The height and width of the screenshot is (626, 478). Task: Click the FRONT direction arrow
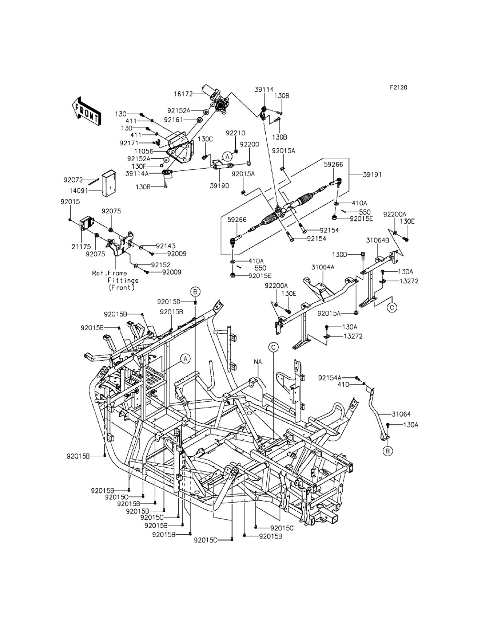pyautogui.click(x=86, y=111)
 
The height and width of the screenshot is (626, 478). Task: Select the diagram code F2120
pyautogui.click(x=399, y=88)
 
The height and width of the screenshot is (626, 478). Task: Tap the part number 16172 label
pyautogui.click(x=183, y=94)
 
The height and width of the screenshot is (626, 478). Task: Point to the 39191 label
pyautogui.click(x=372, y=175)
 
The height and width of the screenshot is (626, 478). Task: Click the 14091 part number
pyautogui.click(x=79, y=190)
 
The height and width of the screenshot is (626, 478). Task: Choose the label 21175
pyautogui.click(x=81, y=247)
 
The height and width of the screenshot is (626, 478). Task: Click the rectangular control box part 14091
pyautogui.click(x=109, y=183)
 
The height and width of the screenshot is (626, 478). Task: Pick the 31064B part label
pyautogui.click(x=378, y=241)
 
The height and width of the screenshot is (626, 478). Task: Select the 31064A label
pyautogui.click(x=323, y=267)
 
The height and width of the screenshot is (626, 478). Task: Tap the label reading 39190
pyautogui.click(x=219, y=186)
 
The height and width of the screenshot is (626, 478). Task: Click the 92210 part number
pyautogui.click(x=236, y=133)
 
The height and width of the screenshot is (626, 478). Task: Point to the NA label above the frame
pyautogui.click(x=258, y=362)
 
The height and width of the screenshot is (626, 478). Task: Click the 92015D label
pyautogui.click(x=169, y=301)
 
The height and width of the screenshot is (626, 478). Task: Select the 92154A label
pyautogui.click(x=330, y=378)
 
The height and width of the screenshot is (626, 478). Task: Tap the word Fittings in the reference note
pyautogui.click(x=123, y=280)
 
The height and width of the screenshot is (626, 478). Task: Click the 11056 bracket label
pyautogui.click(x=144, y=151)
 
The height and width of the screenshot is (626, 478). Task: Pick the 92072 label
pyautogui.click(x=73, y=180)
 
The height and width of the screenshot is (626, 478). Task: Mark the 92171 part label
pyautogui.click(x=129, y=143)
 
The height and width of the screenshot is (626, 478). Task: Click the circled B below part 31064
pyautogui.click(x=387, y=451)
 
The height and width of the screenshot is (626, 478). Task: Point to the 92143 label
pyautogui.click(x=165, y=246)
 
